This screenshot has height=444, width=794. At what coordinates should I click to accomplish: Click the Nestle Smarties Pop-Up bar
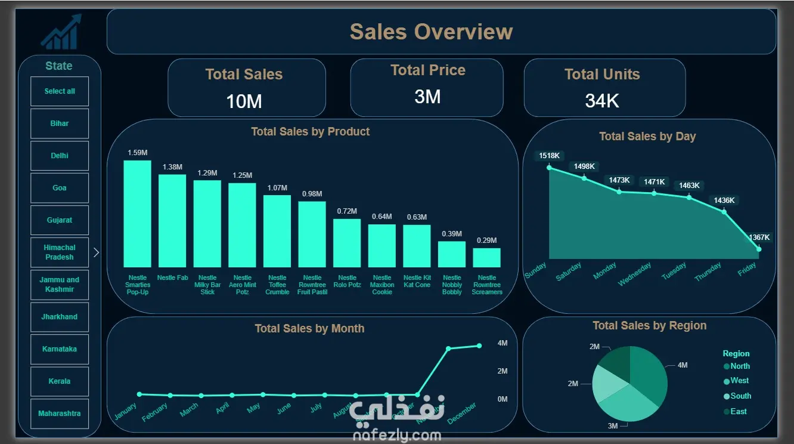tap(137, 214)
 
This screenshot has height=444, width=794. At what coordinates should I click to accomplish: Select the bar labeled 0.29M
tap(486, 257)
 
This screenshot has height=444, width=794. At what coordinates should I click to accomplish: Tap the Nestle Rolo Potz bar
tap(347, 243)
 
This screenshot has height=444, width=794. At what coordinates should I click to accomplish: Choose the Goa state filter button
tap(60, 188)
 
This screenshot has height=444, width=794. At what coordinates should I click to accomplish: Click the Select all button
tap(60, 91)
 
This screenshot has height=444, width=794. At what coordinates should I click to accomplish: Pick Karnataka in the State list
tap(60, 349)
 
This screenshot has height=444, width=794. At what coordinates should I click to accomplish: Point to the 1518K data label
tap(550, 156)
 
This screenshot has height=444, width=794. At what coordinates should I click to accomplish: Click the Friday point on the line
tap(759, 249)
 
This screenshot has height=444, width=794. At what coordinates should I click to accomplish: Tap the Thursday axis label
tap(708, 272)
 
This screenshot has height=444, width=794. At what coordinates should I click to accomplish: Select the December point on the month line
tap(479, 346)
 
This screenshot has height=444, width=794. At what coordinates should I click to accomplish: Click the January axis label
tap(125, 411)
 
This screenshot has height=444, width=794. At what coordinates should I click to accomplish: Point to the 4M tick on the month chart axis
tap(503, 343)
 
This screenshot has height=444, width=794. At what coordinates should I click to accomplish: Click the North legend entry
tap(740, 366)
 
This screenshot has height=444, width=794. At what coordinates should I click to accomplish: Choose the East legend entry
tap(738, 411)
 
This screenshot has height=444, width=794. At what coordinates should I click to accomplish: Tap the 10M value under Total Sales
tap(244, 101)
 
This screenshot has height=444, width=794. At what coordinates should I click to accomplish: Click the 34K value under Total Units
tap(602, 101)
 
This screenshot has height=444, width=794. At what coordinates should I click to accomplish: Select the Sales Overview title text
tap(431, 32)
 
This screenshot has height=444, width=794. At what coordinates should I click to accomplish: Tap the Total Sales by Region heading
tap(649, 326)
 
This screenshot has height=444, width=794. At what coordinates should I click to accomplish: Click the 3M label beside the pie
tap(612, 425)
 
